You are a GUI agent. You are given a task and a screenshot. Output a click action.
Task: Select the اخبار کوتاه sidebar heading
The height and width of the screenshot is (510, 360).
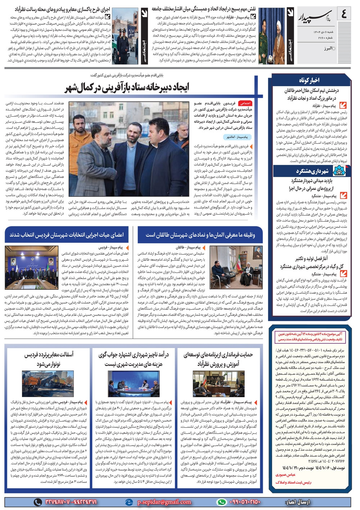tap(309, 80)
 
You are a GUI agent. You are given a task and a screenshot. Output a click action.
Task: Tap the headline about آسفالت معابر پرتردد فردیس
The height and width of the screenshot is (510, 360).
tap(48, 359)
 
